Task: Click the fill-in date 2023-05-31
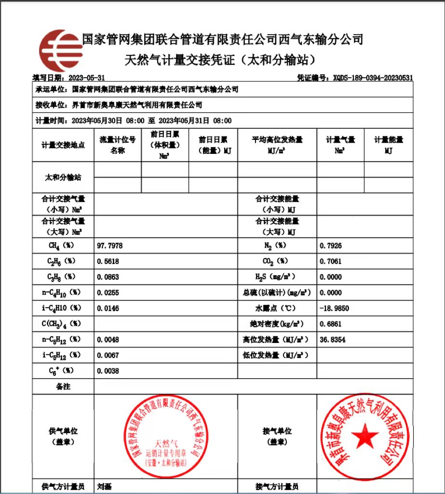pos(86,78)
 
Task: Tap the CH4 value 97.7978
pos(110,246)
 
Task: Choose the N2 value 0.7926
pos(331,246)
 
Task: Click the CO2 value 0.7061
pos(331,261)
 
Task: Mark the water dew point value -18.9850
pos(334,308)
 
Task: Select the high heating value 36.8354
pos(333,340)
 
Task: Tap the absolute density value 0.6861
pos(331,324)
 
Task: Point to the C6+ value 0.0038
pos(108,371)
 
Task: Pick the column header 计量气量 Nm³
pos(340,145)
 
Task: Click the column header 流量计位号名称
pos(118,145)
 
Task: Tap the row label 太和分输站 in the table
pos(63,178)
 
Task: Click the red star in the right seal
pos(365,436)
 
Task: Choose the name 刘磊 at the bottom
pos(105,487)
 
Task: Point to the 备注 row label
pos(63,386)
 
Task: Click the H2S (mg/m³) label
pos(275,277)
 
